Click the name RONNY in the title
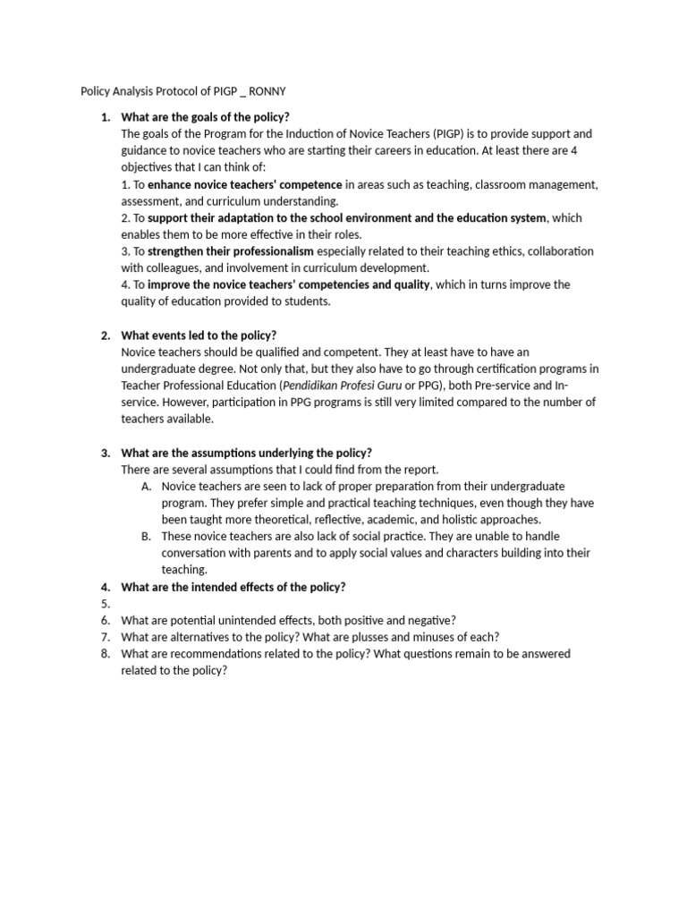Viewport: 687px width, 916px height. click(266, 90)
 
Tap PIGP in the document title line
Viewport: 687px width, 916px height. click(218, 90)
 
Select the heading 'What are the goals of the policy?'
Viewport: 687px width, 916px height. click(205, 117)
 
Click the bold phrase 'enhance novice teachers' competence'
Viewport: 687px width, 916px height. click(244, 184)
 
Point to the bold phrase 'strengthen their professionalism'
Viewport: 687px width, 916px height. click(230, 251)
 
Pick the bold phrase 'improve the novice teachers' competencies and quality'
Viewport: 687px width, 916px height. click(289, 284)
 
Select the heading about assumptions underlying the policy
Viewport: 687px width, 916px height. click(246, 453)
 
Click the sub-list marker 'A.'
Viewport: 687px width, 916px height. click(146, 487)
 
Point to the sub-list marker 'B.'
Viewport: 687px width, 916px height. click(146, 537)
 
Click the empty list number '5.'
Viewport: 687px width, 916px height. click(106, 604)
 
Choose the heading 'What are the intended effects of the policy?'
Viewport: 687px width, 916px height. click(233, 587)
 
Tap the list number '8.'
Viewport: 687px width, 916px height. click(106, 654)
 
